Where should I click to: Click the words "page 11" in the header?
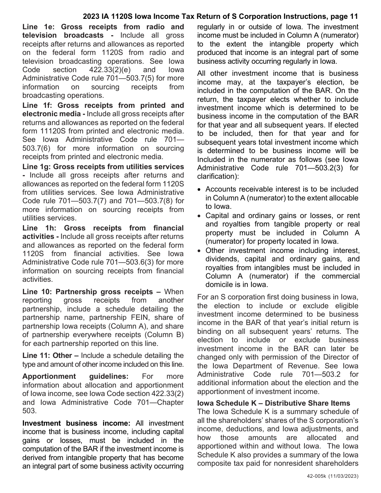click(x=342, y=17)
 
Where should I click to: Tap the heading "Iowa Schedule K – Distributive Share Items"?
click(x=274, y=403)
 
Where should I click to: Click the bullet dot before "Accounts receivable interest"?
click(x=200, y=189)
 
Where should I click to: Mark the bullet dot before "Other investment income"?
click(x=200, y=251)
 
